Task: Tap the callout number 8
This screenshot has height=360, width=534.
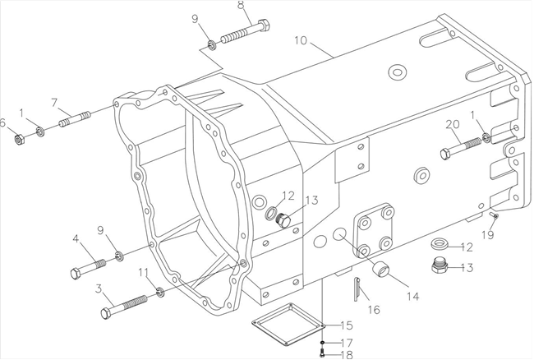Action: pos(241,7)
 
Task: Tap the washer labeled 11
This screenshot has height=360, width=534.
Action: pos(159,293)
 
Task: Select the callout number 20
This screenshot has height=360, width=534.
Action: pos(451,124)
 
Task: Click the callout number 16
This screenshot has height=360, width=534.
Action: pos(375,310)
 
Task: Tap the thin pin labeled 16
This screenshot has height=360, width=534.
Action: pos(357,288)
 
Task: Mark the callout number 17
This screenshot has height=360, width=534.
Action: pos(347,342)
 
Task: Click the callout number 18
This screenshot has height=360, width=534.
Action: pos(347,354)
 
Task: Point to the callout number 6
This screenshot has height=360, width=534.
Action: pos(4,123)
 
